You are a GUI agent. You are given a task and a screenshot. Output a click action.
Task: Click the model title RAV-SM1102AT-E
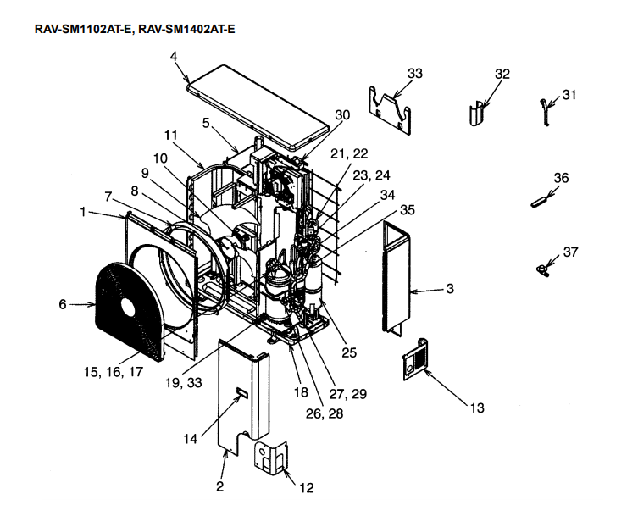pyautogui.click(x=81, y=29)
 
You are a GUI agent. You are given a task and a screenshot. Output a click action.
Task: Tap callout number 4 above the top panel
pyautogui.click(x=173, y=57)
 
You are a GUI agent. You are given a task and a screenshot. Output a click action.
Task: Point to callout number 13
pyautogui.click(x=476, y=408)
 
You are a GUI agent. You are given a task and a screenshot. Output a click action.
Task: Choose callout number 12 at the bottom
pyautogui.click(x=307, y=487)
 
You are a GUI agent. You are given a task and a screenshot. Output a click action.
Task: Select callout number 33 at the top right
pyautogui.click(x=414, y=74)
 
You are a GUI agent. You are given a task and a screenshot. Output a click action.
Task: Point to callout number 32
pyautogui.click(x=502, y=75)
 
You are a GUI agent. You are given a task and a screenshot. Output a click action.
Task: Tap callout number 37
pyautogui.click(x=569, y=252)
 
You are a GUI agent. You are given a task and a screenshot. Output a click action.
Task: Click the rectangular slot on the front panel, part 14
pyautogui.click(x=241, y=391)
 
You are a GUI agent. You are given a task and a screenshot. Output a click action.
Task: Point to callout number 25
pyautogui.click(x=349, y=352)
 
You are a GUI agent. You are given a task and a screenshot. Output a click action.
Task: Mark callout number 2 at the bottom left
pyautogui.click(x=220, y=487)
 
